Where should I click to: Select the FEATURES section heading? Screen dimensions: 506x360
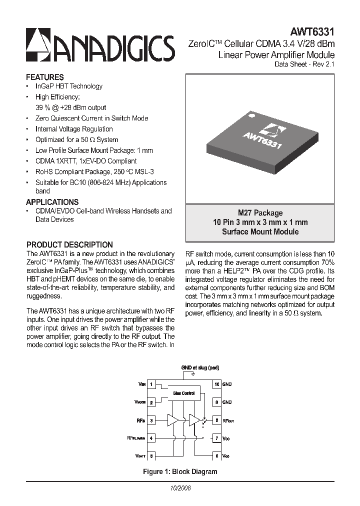click(45, 77)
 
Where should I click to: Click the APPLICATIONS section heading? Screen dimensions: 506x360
click(52, 202)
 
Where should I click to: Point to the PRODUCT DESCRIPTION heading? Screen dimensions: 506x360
click(69, 245)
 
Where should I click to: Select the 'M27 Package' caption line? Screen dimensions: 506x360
click(260, 213)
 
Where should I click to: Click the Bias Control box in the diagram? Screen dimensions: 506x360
click(184, 393)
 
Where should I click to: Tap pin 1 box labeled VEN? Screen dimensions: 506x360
click(151, 384)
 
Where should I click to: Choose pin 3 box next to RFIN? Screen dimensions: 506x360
click(151, 420)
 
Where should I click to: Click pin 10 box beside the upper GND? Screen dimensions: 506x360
click(216, 384)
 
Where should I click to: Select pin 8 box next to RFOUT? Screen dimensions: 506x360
click(216, 420)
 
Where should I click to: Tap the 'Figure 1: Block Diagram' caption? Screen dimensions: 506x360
click(180, 471)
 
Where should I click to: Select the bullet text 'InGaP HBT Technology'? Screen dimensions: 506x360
click(69, 86)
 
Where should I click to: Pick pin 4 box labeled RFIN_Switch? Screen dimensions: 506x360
click(151, 438)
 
